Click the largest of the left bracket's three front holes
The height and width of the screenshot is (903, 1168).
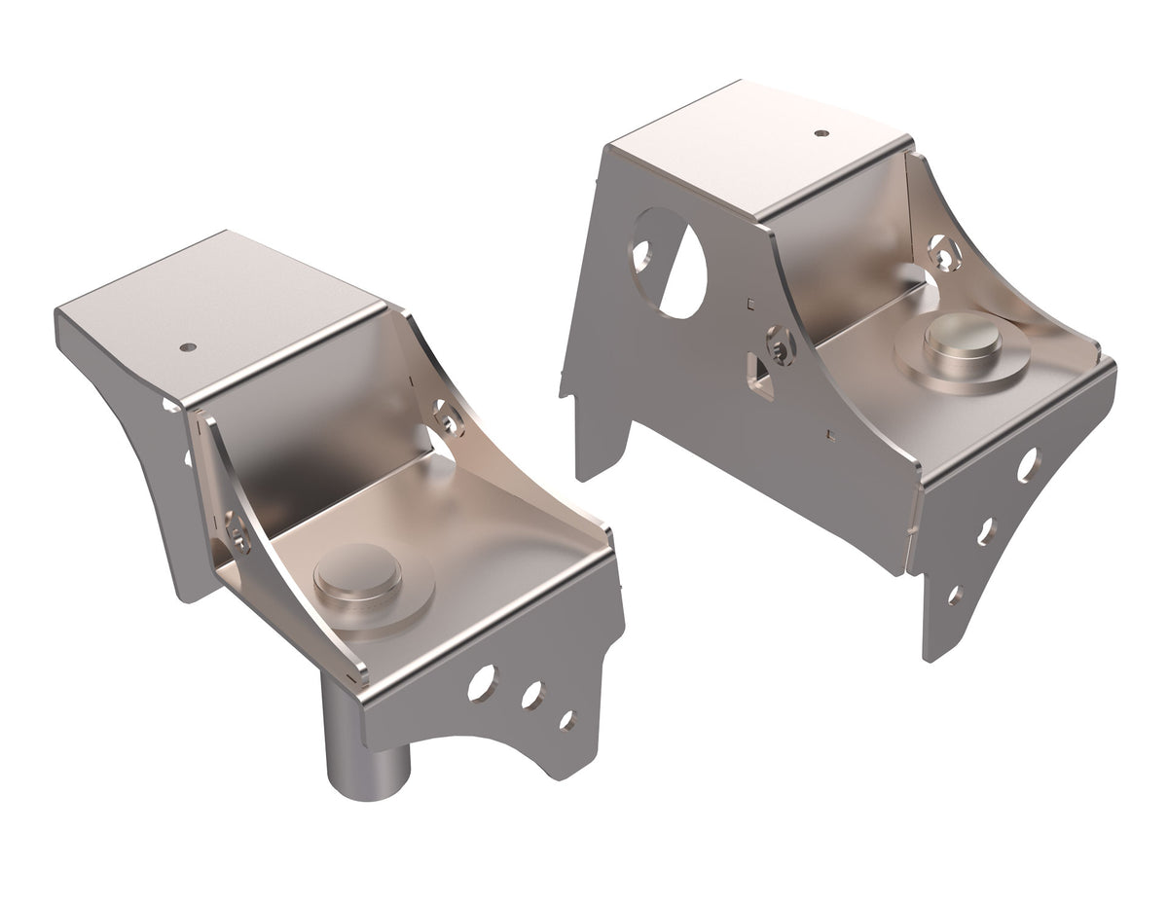(480, 683)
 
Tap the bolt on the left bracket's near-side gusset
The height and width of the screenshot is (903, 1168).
(239, 534)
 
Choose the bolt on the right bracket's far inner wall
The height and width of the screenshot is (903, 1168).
(942, 252)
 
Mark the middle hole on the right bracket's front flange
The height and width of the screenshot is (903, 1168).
(987, 530)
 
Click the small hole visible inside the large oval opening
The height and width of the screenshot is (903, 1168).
(640, 254)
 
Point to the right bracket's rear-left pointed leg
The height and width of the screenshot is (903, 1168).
(566, 385)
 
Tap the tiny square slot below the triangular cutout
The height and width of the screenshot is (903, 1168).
(829, 432)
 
